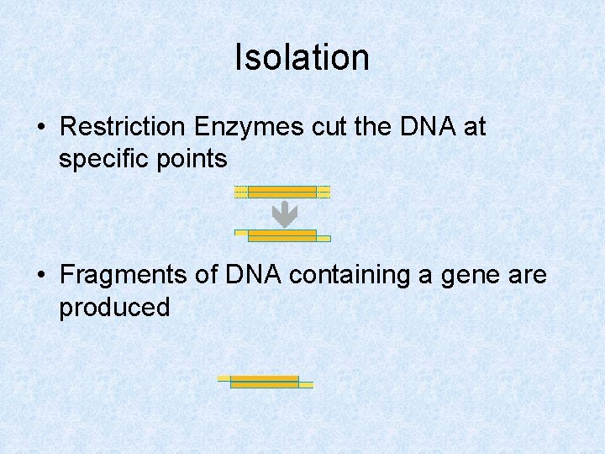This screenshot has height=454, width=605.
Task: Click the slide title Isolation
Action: [x=302, y=58]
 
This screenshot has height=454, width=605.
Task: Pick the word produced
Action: [x=114, y=307]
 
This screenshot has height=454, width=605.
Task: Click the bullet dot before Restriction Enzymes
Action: [x=41, y=128]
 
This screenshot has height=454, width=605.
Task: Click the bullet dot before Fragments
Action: [x=41, y=276]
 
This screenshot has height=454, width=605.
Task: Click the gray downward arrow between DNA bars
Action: [x=285, y=214]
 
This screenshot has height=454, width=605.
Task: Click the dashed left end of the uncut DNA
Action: [x=241, y=192]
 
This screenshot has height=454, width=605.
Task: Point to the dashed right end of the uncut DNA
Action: [x=324, y=192]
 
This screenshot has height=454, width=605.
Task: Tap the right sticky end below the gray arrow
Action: [x=324, y=239]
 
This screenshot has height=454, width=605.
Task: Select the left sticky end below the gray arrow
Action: [x=241, y=232]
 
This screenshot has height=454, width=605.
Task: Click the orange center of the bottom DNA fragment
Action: [x=265, y=382]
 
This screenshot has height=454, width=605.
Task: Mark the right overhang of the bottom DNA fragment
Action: [x=306, y=385]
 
